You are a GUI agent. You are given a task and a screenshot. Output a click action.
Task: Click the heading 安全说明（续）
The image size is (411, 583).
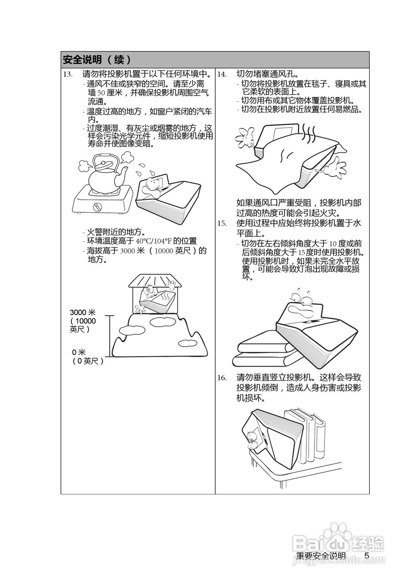(x=97, y=60)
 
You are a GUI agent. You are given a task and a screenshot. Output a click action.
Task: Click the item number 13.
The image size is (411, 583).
(x=67, y=74)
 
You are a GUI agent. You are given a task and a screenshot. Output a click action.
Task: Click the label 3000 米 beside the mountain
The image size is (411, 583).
(x=82, y=312)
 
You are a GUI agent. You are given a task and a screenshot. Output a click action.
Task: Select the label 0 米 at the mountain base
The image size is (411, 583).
(x=79, y=352)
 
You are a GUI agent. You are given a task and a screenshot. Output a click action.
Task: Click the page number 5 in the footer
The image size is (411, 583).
(x=366, y=556)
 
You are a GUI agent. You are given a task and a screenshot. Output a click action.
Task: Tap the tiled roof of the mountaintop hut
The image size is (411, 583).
(x=154, y=280)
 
